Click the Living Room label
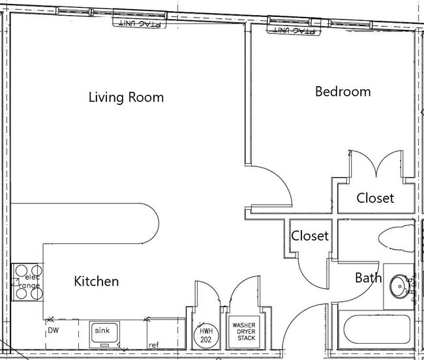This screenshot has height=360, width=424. click(127, 97)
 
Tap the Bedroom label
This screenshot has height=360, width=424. click(343, 91)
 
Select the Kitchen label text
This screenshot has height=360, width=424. click(97, 281)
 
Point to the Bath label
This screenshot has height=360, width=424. click(369, 278)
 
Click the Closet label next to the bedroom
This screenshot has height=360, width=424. click(375, 198)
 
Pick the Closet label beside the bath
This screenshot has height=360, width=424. click(310, 235)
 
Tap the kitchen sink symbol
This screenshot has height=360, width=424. click(104, 335)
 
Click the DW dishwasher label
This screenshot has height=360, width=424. click(53, 330)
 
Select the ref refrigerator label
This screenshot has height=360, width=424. click(153, 345)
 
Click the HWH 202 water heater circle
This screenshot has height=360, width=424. click(206, 335)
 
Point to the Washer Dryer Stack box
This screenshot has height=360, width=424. click(244, 332)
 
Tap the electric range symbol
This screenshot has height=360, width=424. click(27, 282)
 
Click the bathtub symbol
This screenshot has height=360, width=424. click(376, 329)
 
